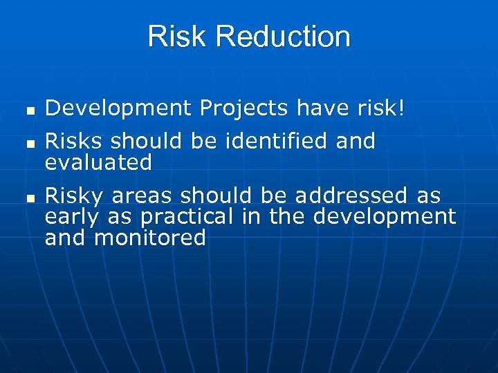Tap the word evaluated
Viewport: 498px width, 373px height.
98,163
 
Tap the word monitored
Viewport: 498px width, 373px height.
151,238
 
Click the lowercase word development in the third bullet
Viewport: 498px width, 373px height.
385,217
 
